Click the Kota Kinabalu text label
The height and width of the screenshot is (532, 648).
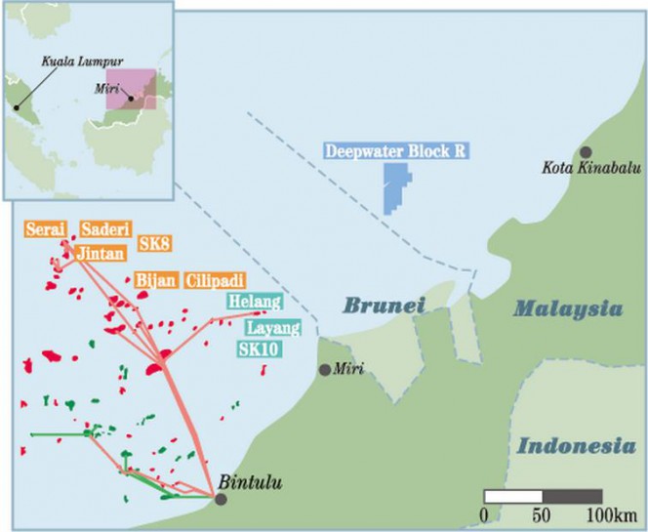(586, 170)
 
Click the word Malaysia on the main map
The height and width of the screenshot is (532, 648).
(568, 309)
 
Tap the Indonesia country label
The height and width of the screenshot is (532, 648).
(570, 447)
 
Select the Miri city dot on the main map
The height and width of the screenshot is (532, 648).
(325, 370)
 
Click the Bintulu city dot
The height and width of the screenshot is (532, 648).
(222, 499)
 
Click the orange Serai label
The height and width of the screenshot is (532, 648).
(46, 228)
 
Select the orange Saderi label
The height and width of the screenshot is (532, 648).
(101, 228)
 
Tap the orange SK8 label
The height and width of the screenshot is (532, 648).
(154, 240)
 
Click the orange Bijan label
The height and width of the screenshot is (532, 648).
(156, 280)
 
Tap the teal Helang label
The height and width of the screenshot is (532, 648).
(255, 302)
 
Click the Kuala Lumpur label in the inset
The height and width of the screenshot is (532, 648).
(74, 61)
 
